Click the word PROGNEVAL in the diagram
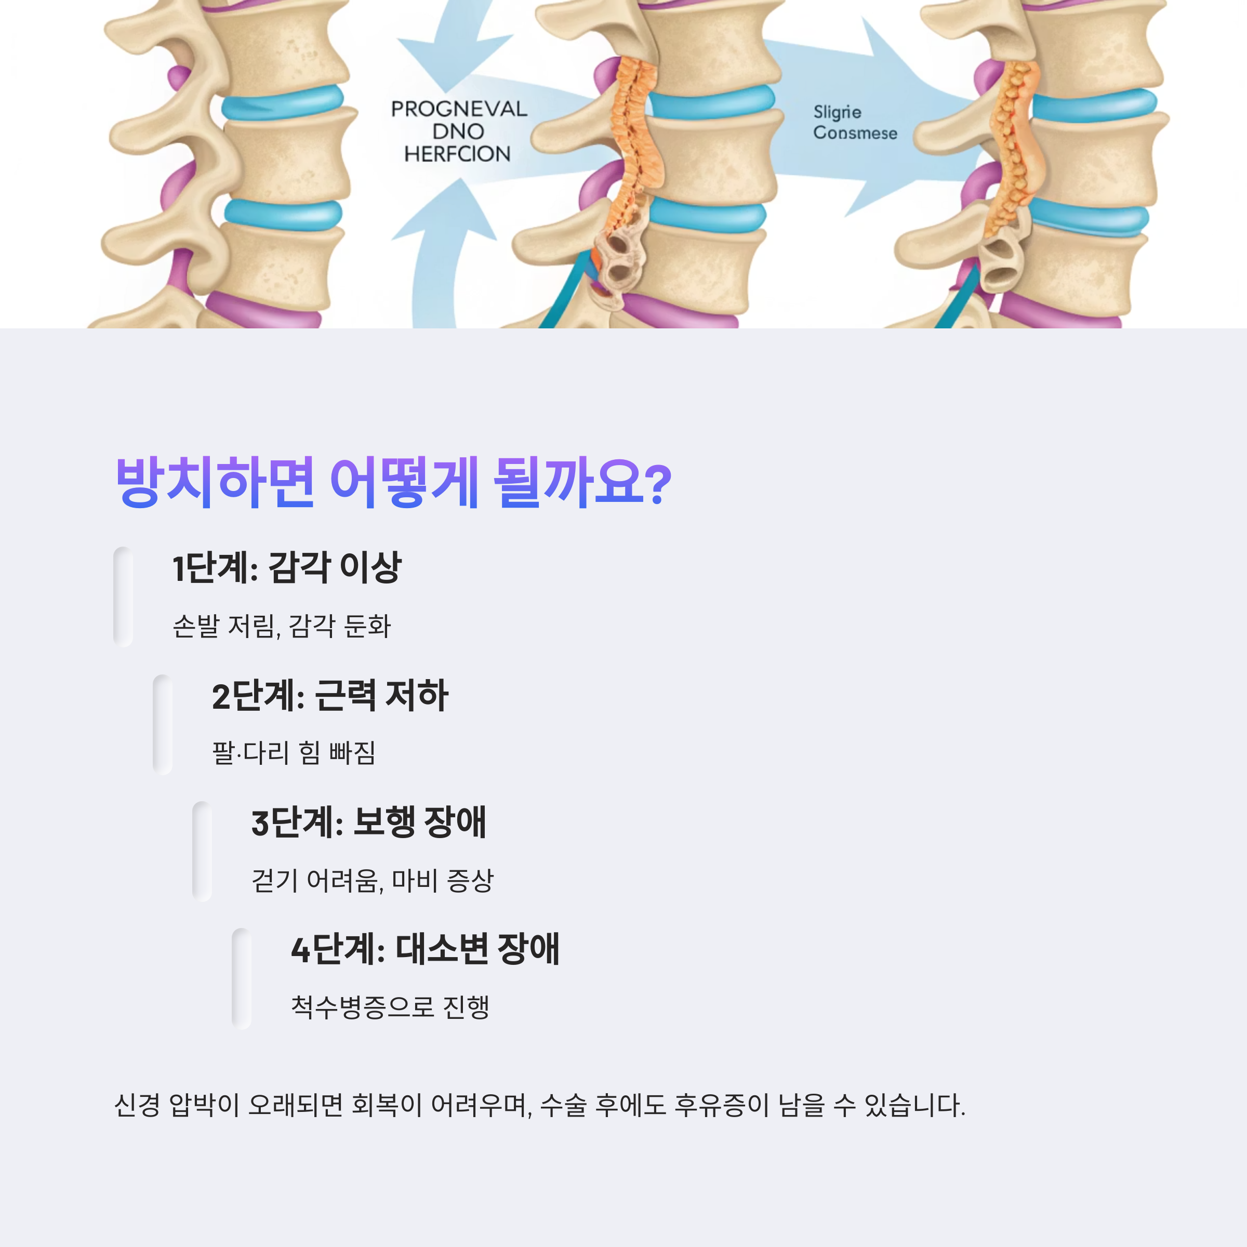459,109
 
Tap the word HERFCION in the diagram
457,154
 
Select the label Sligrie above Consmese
837,112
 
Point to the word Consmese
855,133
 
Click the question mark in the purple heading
658,484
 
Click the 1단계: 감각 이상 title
287,568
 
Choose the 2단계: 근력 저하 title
330,696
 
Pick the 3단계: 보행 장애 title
368,823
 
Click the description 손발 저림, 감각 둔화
282,626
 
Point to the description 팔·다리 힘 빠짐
294,752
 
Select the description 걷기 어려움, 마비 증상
373,880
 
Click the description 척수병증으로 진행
390,1007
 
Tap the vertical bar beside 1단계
123,597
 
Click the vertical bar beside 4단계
242,978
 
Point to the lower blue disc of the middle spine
707,214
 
